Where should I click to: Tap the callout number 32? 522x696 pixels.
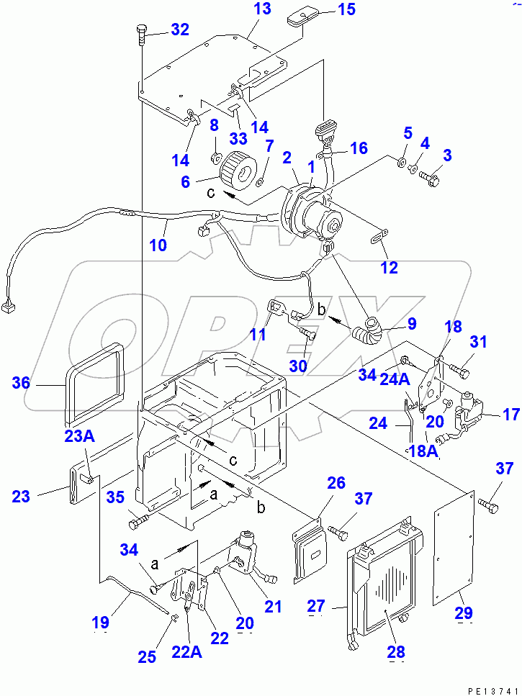(x=179, y=30)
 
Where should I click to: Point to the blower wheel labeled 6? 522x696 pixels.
(x=235, y=171)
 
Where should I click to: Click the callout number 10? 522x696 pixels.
(x=158, y=245)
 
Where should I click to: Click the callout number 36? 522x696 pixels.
(x=22, y=384)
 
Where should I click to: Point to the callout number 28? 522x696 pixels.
(x=395, y=651)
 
